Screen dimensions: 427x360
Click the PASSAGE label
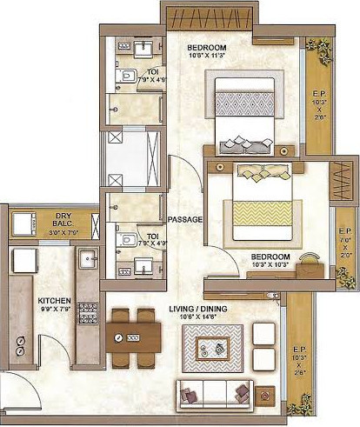184,219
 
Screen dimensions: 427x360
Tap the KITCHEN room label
54,303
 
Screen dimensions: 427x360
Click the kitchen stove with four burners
87,312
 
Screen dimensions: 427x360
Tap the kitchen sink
87,258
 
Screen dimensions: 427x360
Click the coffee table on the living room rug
213,348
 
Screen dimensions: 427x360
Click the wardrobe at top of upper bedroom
210,16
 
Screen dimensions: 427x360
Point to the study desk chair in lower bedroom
309,258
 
